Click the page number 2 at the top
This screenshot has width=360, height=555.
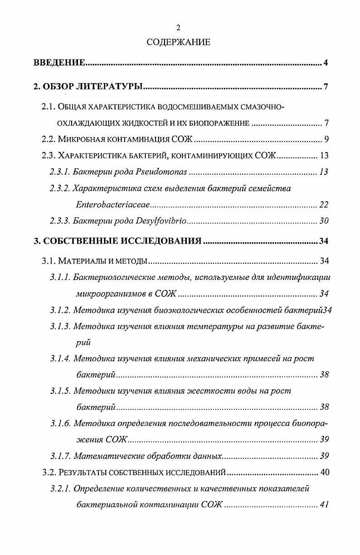178,28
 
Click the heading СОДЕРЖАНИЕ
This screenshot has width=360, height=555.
179,43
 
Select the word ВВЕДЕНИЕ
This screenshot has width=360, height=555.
59,63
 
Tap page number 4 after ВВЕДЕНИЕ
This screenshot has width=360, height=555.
326,63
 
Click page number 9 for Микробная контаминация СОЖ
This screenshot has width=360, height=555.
326,139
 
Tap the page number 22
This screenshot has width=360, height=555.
323,205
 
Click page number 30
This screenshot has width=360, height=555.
323,221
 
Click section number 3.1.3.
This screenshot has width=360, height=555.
60,327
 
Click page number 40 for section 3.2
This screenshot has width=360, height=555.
324,472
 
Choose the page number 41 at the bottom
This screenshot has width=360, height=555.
323,505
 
